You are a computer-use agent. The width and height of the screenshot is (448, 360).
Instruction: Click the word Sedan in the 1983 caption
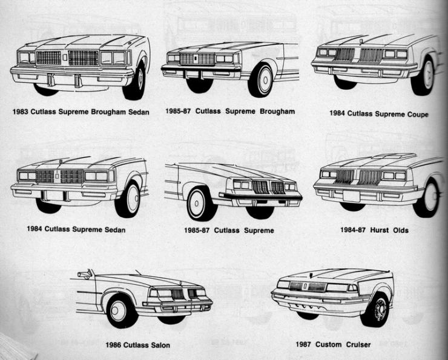tap(139, 112)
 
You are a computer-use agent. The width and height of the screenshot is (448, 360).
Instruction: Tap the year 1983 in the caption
tap(21, 112)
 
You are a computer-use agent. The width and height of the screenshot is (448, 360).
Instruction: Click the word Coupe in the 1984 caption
tap(418, 115)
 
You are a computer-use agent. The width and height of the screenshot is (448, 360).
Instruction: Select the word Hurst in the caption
tap(380, 230)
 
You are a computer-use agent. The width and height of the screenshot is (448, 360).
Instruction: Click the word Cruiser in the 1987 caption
tap(358, 345)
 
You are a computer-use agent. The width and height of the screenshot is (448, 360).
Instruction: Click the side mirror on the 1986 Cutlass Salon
tap(85, 274)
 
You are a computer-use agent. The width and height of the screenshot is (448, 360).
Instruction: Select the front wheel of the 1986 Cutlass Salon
tap(120, 311)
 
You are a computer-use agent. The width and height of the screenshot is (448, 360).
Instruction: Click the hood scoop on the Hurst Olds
tap(394, 156)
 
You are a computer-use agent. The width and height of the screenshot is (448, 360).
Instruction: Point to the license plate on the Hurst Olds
tap(351, 196)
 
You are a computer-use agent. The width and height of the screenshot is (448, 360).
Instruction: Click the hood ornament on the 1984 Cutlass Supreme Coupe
tap(361, 41)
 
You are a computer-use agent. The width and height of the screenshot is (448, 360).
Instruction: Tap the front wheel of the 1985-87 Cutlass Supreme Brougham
tap(261, 80)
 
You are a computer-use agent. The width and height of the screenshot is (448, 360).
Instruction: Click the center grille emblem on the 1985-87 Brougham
tap(195, 59)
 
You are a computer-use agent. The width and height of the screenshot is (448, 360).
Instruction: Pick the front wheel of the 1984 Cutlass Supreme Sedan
tap(128, 199)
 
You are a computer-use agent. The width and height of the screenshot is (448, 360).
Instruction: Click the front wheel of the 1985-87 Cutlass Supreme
tap(200, 204)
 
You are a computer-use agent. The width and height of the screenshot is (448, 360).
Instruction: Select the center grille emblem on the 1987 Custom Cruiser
tap(305, 286)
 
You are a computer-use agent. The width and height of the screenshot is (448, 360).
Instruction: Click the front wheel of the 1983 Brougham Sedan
tap(136, 81)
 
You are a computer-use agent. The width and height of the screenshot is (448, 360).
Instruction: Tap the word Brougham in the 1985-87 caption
tap(277, 112)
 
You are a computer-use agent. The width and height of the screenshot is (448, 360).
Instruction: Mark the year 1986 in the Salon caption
tap(114, 345)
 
